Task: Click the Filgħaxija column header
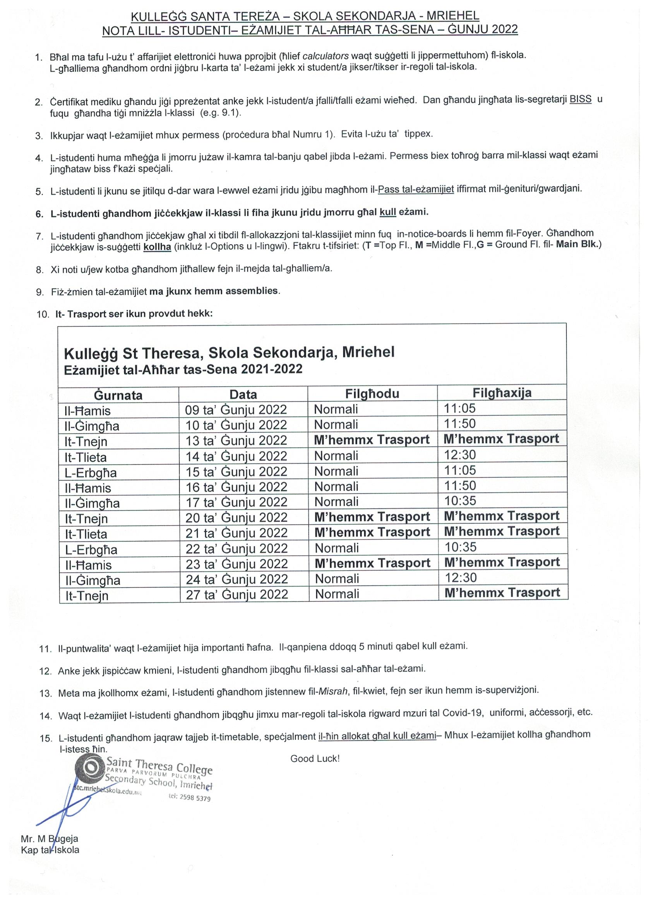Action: tap(502, 393)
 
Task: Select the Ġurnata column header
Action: tap(118, 395)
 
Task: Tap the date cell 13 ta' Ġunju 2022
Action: tap(236, 441)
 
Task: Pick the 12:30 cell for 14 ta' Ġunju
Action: tap(460, 455)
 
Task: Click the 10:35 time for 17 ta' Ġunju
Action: tap(461, 501)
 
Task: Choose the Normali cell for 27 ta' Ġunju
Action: tap(337, 594)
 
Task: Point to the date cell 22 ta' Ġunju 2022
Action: tap(236, 548)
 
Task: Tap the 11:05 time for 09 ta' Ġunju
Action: tap(460, 408)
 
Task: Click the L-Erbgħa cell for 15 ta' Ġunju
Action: tap(91, 473)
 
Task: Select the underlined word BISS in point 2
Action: tap(580, 99)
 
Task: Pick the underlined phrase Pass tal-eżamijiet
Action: tap(416, 189)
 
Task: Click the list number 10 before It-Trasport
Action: tap(43, 314)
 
